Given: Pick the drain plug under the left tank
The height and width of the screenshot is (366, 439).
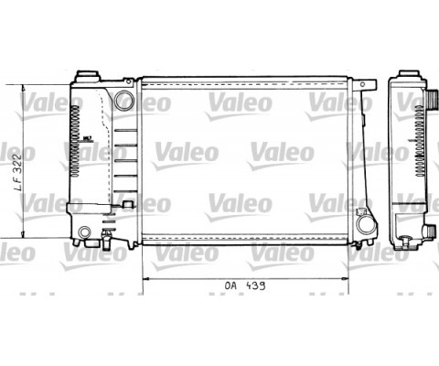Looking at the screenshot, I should tap(108, 243).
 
